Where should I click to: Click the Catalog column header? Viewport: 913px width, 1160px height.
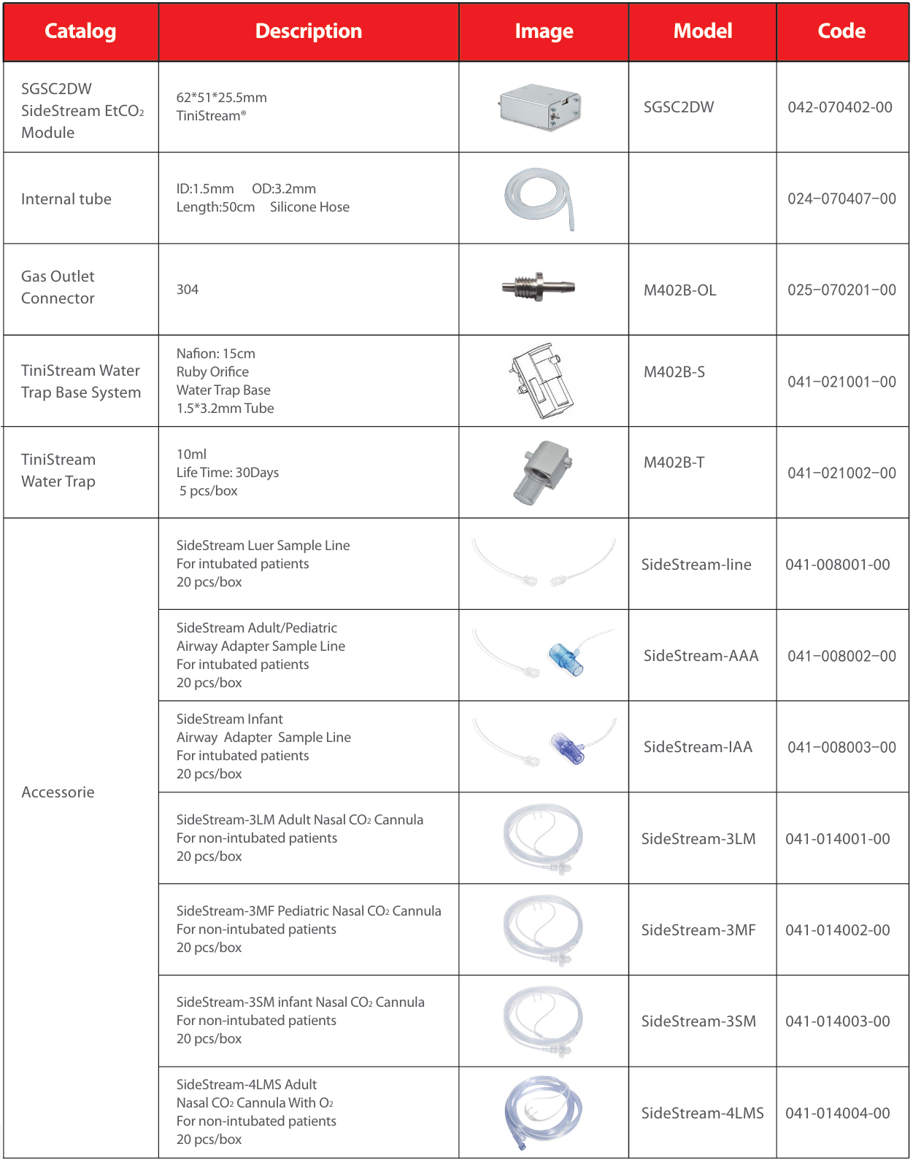[x=80, y=31]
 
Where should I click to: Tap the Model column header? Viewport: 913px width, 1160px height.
[x=702, y=31]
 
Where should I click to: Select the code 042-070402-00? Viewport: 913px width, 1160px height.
[x=839, y=107]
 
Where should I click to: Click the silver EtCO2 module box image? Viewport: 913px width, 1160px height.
[x=540, y=107]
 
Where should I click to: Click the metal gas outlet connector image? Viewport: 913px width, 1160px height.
[x=539, y=286]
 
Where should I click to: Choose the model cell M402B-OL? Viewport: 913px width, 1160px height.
[x=679, y=290]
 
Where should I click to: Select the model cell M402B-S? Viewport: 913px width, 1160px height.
[x=674, y=372]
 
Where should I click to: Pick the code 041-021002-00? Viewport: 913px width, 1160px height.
[x=841, y=473]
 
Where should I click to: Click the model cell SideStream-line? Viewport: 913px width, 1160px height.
[x=696, y=565]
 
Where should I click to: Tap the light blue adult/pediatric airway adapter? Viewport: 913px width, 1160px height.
[x=566, y=658]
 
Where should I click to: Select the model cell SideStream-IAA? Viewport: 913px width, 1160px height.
[x=697, y=747]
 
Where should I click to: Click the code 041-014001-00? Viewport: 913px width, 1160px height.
[x=837, y=839]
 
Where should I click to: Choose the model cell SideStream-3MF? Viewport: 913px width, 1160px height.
[x=698, y=930]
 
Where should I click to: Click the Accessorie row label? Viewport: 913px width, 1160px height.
[x=58, y=792]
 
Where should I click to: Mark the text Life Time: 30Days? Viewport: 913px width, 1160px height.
[x=227, y=473]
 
